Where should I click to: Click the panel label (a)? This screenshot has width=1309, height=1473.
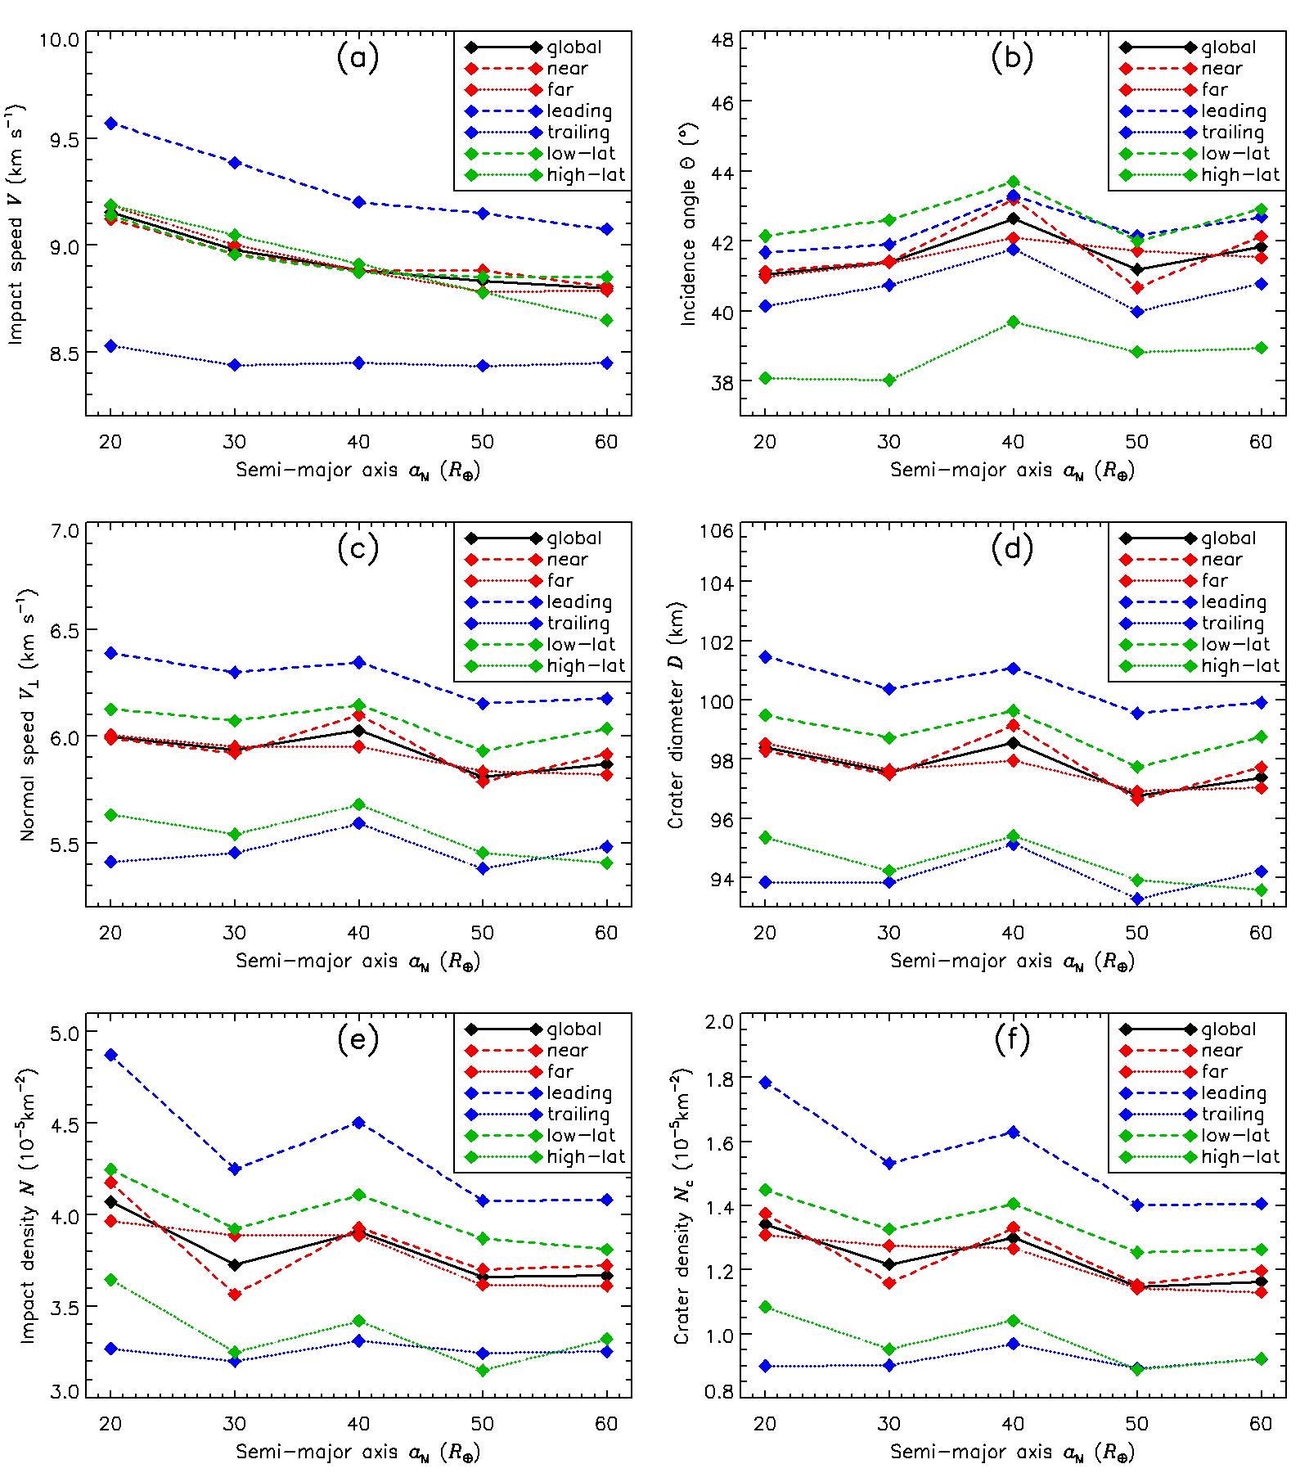coord(358,59)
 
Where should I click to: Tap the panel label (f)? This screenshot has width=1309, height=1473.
coord(1012,1040)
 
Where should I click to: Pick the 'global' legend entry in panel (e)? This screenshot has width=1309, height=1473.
coord(574,1029)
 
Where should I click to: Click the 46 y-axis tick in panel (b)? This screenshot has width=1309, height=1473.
coord(720,101)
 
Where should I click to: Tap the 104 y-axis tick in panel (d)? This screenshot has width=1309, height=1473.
coord(715,582)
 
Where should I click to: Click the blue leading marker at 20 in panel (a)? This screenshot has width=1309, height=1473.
coord(111,124)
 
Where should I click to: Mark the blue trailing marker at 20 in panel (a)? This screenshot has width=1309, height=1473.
coord(111,346)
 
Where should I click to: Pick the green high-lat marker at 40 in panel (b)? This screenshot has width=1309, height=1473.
coord(1013,322)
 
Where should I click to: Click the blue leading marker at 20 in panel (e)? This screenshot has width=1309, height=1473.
coord(111,1055)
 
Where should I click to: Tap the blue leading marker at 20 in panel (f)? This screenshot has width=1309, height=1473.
coord(766,1083)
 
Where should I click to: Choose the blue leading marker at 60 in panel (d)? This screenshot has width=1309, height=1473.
coord(1261,702)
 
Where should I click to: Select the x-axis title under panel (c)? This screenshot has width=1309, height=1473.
coord(358,962)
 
